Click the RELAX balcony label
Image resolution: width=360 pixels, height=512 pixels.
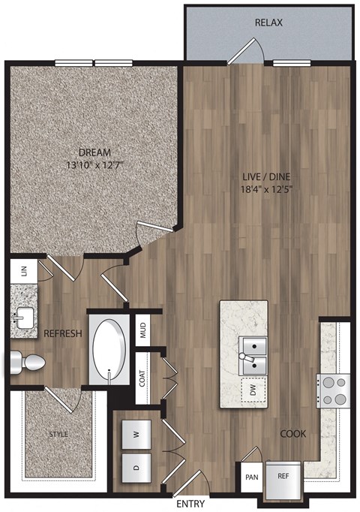click(268, 23)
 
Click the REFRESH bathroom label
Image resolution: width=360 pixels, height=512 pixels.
click(61, 333)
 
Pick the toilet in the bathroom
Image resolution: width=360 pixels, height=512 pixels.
click(25, 363)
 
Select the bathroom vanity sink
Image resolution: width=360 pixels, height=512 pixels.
click(24, 316)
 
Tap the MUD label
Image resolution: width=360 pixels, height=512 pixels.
click(142, 328)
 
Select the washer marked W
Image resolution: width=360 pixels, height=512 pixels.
click(136, 433)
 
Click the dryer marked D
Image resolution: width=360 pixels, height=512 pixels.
click(136, 465)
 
